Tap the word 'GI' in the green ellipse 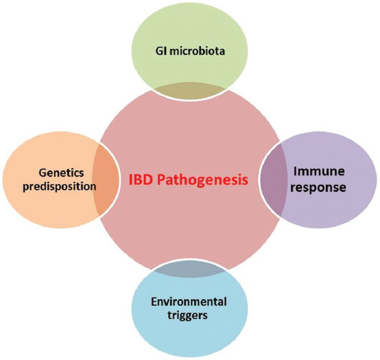[x=161, y=51]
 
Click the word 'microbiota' [x=197, y=51]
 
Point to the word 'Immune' [x=319, y=172]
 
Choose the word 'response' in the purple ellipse [x=318, y=188]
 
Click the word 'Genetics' [x=61, y=173]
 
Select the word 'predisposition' [x=60, y=187]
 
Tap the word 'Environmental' [x=189, y=302]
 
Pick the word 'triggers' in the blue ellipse [x=187, y=316]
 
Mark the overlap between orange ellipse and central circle [x=106, y=179]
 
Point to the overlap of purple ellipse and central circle [x=274, y=179]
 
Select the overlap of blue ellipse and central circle [x=190, y=268]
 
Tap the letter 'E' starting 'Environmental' [x=154, y=302]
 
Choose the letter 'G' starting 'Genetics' [x=42, y=173]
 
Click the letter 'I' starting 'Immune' [x=295, y=172]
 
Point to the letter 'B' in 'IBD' [x=138, y=180]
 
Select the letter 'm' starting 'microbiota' [x=175, y=52]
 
